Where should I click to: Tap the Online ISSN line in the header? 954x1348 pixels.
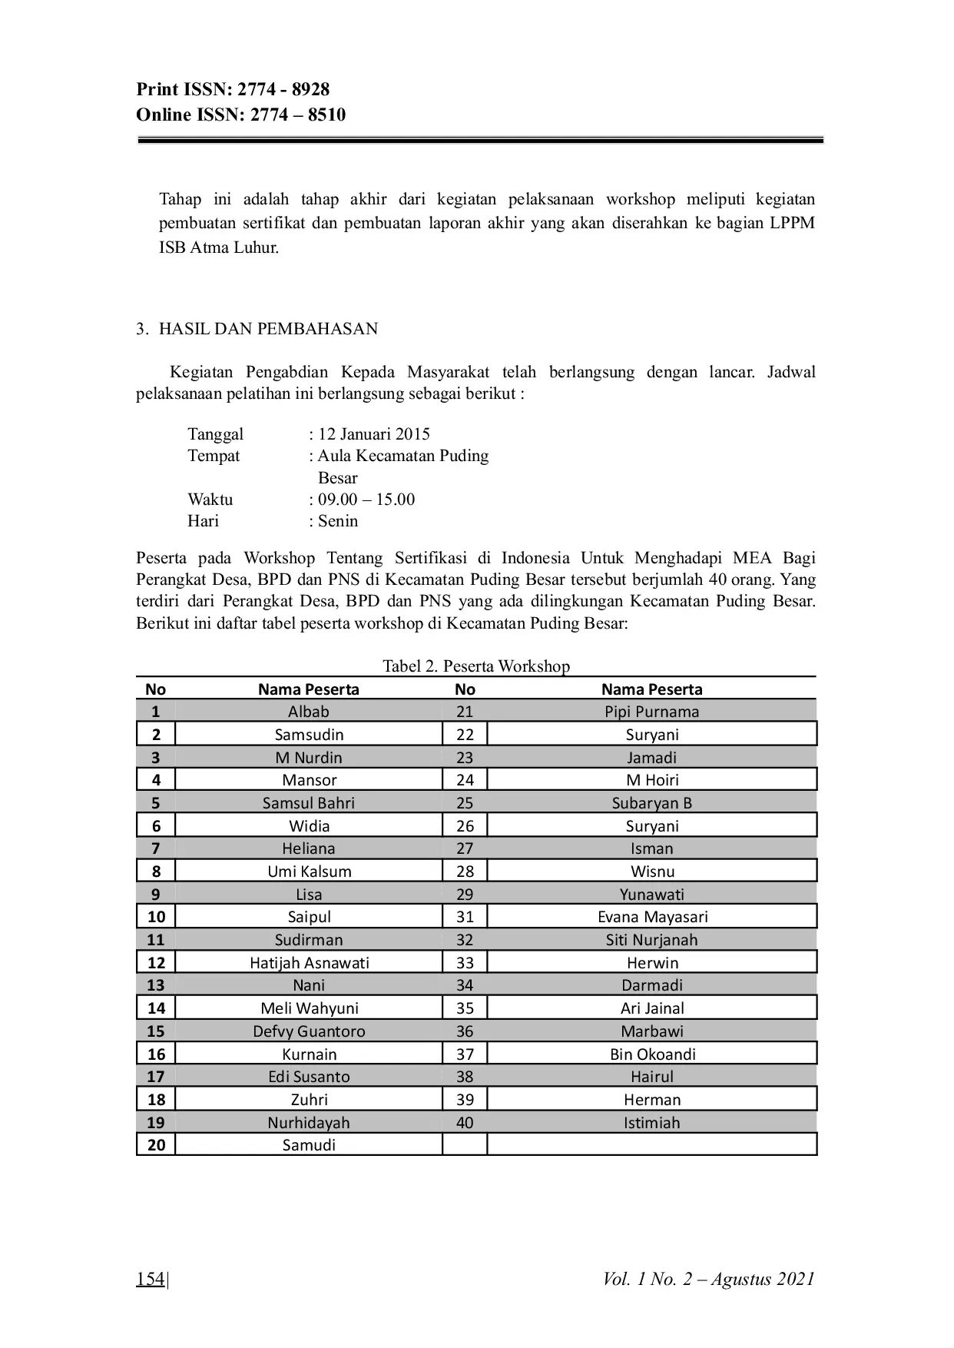[240, 115]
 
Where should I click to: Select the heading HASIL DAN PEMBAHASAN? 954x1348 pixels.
[268, 329]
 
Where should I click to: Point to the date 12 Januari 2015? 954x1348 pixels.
[374, 434]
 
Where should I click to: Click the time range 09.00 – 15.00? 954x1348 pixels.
[366, 500]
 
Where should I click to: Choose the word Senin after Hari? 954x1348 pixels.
[338, 521]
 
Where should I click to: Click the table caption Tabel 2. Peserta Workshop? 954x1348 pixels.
[476, 666]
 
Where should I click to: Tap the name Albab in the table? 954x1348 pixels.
[309, 712]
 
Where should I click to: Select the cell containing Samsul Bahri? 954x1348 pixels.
[309, 803]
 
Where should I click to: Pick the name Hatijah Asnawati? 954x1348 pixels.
[310, 963]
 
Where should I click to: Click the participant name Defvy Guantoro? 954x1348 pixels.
[309, 1031]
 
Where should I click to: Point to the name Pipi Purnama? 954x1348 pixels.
[651, 712]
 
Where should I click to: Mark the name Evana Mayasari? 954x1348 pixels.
[652, 917]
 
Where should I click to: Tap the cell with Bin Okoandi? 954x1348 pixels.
[652, 1054]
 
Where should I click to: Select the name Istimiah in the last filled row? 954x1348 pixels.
[651, 1123]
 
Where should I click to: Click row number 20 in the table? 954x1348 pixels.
[156, 1145]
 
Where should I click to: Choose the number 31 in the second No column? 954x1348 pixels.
[465, 917]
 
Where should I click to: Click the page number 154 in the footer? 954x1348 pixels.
[151, 1279]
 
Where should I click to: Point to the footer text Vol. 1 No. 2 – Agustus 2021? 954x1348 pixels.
[708, 1279]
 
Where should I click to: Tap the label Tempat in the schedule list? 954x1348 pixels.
[214, 456]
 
